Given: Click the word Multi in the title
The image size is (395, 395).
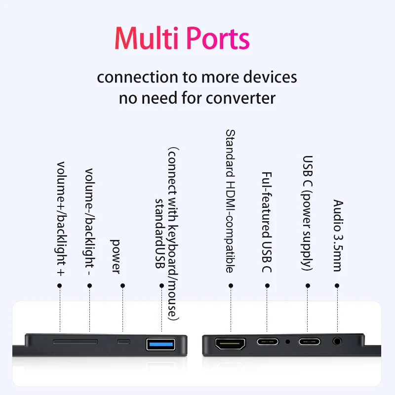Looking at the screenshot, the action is (147, 38).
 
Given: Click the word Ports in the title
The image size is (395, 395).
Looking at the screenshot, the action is (218, 38).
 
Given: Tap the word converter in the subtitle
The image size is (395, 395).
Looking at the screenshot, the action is (240, 98).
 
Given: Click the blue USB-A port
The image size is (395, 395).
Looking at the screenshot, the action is (161, 344).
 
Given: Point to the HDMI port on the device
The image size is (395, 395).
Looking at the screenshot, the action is (230, 344).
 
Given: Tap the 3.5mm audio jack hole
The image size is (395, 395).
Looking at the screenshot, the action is (337, 342).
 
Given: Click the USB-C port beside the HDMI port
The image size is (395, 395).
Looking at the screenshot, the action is (268, 342).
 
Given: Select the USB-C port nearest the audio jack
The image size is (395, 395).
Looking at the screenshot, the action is (310, 342).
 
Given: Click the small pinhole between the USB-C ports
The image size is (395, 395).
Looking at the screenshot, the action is (288, 342).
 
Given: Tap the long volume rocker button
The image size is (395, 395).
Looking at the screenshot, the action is (76, 342).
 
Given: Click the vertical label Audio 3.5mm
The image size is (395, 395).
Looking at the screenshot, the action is (338, 236).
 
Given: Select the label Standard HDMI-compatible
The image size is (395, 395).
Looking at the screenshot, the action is (230, 201).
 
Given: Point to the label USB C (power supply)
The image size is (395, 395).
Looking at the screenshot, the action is (307, 213).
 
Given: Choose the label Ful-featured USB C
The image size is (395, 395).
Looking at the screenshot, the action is (267, 222).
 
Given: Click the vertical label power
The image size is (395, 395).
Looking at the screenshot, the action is (116, 256).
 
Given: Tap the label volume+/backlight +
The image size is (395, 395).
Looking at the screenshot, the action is (61, 219).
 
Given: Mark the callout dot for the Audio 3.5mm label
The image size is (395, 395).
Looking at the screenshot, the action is (337, 285).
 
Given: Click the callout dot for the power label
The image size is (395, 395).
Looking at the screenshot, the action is (122, 285).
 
